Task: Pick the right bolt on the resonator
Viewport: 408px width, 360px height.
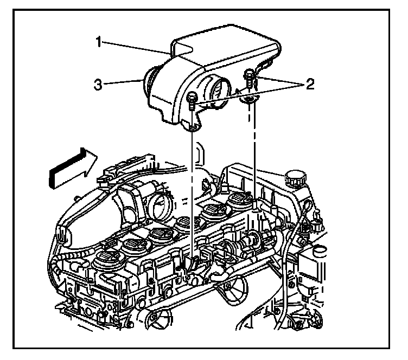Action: click(249, 75)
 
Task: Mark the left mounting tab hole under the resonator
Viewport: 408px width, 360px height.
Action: click(193, 129)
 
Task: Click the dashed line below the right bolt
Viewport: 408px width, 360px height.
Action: click(253, 152)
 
